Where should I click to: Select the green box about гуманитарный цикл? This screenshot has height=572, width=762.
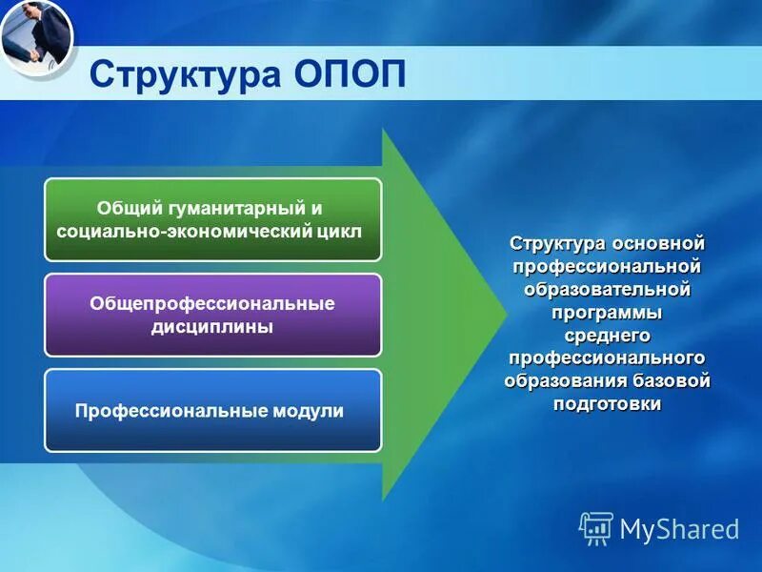click(212, 219)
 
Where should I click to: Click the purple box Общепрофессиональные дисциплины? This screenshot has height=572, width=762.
click(212, 315)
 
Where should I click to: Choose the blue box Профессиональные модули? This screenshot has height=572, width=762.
click(212, 411)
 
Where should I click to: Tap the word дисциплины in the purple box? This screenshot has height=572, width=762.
click(212, 327)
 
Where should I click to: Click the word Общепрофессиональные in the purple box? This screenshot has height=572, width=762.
click(212, 303)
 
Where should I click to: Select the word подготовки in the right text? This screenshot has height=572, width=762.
click(607, 403)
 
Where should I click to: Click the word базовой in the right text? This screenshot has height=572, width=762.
click(672, 380)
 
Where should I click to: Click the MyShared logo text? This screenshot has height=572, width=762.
click(679, 529)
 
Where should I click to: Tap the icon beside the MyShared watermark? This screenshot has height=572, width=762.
click(596, 528)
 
